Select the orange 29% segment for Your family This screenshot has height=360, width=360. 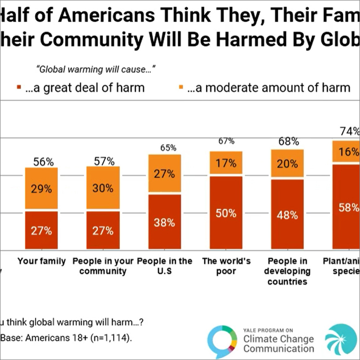pyautogui.click(x=41, y=188)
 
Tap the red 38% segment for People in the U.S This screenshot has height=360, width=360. pyautogui.click(x=164, y=222)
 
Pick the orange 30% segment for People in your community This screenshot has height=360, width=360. pyautogui.click(x=103, y=188)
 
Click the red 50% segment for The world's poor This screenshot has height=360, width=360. pyautogui.click(x=226, y=213)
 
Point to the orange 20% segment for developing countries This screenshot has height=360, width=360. pyautogui.click(x=287, y=164)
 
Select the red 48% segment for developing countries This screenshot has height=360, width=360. pyautogui.click(x=287, y=214)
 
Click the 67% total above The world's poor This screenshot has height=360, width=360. pyautogui.click(x=226, y=141)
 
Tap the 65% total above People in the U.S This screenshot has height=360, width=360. pyautogui.click(x=164, y=148)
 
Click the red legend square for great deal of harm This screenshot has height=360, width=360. pyautogui.click(x=19, y=88)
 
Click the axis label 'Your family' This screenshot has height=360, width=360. pyautogui.click(x=41, y=261)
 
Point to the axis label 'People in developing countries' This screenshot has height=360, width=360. pyautogui.click(x=287, y=272)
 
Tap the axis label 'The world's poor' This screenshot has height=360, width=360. pyautogui.click(x=226, y=266)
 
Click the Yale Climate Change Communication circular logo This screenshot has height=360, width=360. pyautogui.click(x=222, y=341)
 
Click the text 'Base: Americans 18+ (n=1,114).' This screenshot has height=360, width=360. pyautogui.click(x=67, y=338)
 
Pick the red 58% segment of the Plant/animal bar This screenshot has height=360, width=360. pyautogui.click(x=347, y=207)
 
